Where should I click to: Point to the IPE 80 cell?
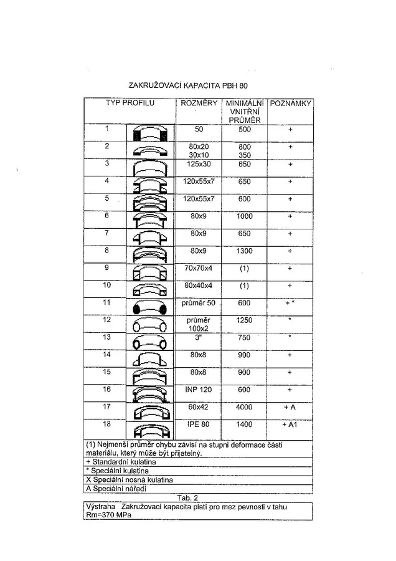click(x=199, y=424)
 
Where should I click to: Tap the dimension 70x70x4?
click(x=199, y=268)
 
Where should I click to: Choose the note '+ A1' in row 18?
click(x=290, y=424)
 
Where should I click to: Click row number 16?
click(x=106, y=389)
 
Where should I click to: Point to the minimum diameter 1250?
click(x=245, y=320)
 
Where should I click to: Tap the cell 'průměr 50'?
click(x=199, y=303)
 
